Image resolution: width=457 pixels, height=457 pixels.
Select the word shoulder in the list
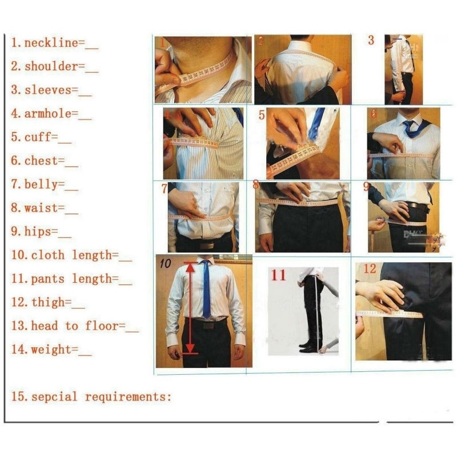[51, 66]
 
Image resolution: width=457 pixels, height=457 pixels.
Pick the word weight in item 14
[51, 350]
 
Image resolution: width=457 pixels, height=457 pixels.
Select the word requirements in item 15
[127, 396]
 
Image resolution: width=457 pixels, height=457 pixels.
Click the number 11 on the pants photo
[278, 275]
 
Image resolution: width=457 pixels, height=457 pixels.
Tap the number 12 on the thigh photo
[370, 268]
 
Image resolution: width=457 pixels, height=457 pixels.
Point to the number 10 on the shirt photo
[165, 263]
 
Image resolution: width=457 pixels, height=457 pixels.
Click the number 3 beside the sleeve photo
[371, 41]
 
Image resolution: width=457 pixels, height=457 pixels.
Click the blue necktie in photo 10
[206, 288]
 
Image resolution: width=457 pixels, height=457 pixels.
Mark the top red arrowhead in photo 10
[190, 266]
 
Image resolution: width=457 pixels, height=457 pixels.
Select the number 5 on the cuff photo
[262, 115]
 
